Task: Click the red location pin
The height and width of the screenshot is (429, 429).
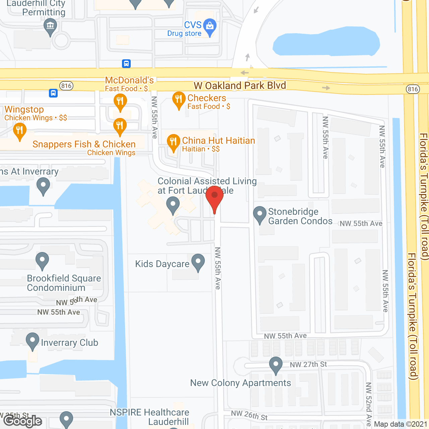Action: (x=214, y=197)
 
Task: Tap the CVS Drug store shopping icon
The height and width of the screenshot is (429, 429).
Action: (x=210, y=27)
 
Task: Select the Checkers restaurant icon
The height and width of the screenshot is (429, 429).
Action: (x=179, y=100)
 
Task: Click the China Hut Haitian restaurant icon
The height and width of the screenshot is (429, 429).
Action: (x=173, y=142)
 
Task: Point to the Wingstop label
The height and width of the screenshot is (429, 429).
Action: (x=24, y=109)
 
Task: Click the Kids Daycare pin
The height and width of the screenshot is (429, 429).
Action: (x=198, y=262)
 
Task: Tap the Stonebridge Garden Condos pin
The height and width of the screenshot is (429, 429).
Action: (x=259, y=214)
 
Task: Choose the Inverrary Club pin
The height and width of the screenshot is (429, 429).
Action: (x=33, y=341)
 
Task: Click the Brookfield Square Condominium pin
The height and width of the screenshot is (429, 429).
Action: (x=42, y=260)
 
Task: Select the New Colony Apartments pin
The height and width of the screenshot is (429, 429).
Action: (x=276, y=365)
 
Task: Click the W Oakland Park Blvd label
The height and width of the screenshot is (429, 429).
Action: (x=240, y=86)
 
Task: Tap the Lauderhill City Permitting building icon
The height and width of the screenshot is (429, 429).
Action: (x=50, y=26)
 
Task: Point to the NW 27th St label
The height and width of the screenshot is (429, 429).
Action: (x=308, y=364)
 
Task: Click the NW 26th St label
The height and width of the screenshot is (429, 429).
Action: (x=249, y=416)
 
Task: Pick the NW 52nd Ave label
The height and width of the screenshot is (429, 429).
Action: (x=368, y=404)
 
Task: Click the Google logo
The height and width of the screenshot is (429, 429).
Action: (x=23, y=421)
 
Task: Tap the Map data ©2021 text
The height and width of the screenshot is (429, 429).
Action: (x=401, y=424)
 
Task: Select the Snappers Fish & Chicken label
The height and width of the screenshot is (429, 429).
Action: (x=84, y=144)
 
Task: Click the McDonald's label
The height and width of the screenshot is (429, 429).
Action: (x=129, y=80)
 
